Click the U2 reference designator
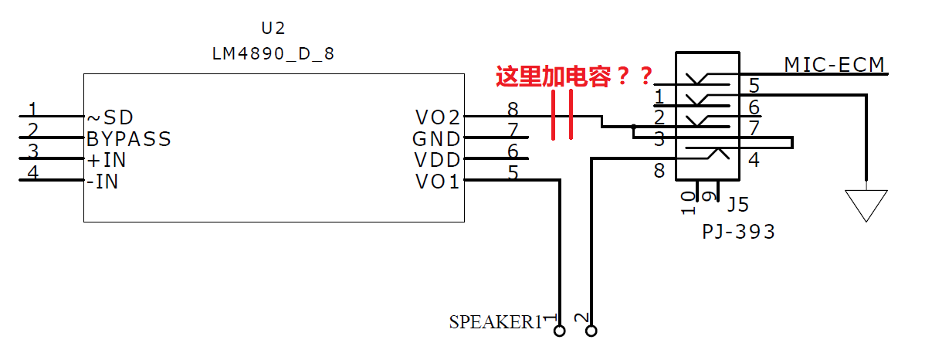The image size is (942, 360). pos(273,28)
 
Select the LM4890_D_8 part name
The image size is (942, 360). pos(273,54)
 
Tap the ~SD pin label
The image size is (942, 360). pos(110,117)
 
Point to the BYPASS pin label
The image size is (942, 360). pos(129,139)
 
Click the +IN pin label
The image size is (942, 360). pos(107,160)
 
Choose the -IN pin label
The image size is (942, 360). pos(102,182)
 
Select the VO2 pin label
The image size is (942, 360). pos(438,117)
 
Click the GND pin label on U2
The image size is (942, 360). pos(436,139)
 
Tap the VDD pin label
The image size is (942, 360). pos(437,160)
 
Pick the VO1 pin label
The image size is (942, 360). pos(437,182)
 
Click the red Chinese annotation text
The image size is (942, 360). pos(574,76)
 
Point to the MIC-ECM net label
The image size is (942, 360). pos(835,64)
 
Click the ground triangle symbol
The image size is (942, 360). pos(866,205)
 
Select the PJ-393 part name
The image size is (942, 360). pos(738,232)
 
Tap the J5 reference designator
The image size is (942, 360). pos(738,205)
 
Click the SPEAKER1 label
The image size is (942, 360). pos(496,322)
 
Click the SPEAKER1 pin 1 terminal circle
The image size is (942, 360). pos(559,331)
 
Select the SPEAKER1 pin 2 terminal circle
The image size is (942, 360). pos(591,331)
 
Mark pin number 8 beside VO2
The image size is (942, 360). pos(513,110)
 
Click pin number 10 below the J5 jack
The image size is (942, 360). pos(688,202)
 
